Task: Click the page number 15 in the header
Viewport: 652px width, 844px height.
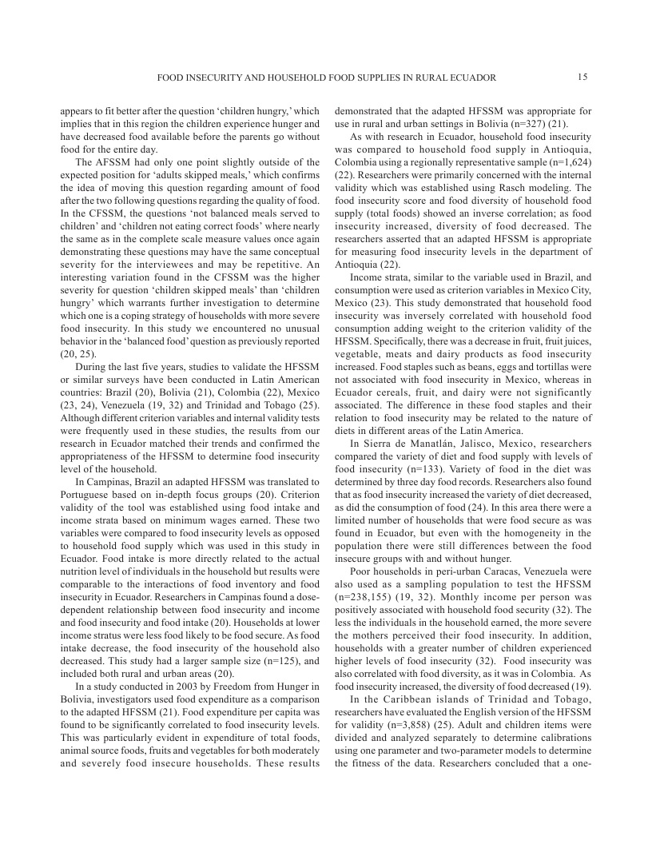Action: (x=582, y=77)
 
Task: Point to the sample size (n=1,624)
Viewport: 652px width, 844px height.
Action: (x=567, y=161)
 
